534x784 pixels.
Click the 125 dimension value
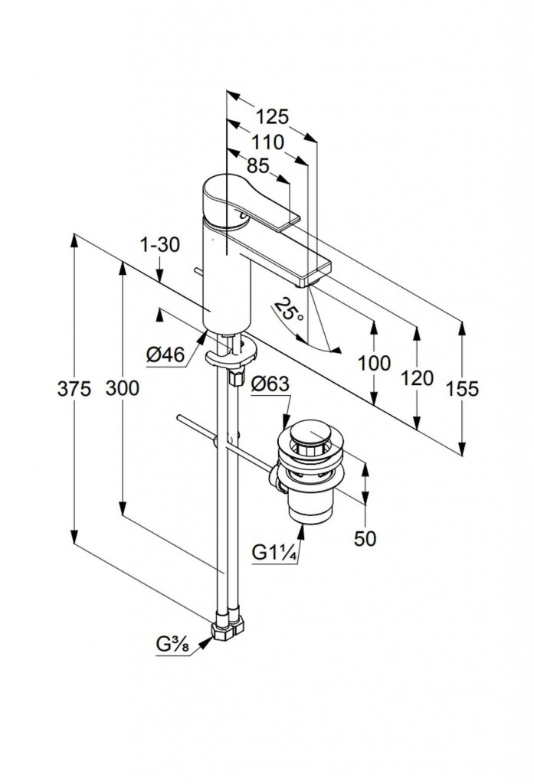pos(271,117)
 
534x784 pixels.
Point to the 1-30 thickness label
pos(160,246)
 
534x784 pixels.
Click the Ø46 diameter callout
pos(165,354)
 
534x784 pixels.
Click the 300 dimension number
pos(123,389)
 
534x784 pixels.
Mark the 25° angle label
pos(290,310)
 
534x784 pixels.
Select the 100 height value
pos(374,363)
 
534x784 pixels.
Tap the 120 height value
pos(417,377)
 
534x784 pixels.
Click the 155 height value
pos(462,389)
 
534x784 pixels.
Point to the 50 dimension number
pos(365,538)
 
